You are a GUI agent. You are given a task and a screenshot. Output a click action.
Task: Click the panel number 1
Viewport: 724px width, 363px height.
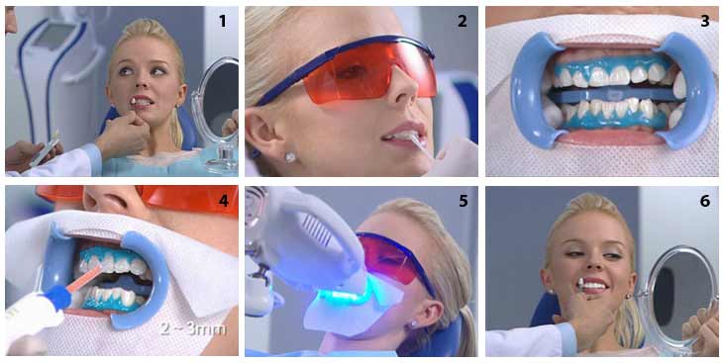(223, 21)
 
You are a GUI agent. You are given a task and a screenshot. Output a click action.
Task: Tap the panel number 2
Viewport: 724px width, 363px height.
(463, 21)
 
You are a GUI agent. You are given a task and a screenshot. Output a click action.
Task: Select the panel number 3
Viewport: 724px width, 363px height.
(704, 21)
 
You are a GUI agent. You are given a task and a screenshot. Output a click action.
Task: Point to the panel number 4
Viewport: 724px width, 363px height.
(224, 202)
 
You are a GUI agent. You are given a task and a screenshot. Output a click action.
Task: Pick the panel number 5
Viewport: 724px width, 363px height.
(464, 202)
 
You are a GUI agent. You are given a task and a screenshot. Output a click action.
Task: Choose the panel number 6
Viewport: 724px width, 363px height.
(704, 202)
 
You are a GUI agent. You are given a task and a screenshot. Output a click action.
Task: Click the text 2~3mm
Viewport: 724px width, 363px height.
(193, 328)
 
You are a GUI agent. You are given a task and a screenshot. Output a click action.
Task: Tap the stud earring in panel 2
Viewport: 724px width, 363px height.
(290, 157)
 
